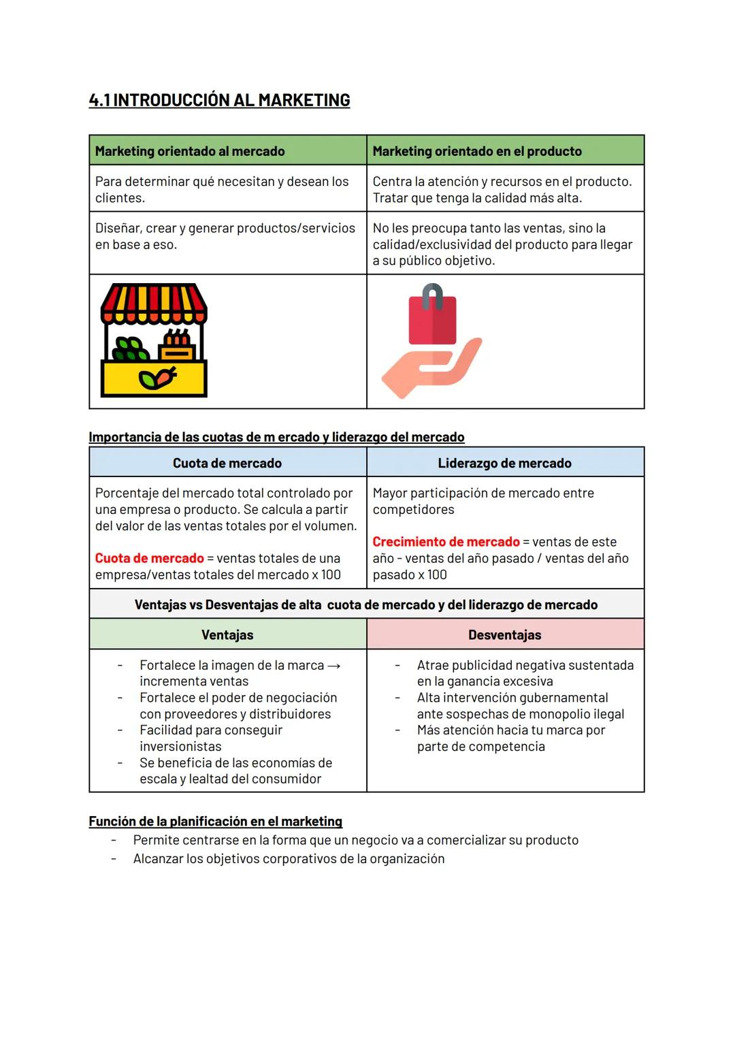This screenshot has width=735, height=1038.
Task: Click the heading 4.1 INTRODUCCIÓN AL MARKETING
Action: tap(219, 100)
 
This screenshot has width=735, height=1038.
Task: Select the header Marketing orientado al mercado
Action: tap(190, 151)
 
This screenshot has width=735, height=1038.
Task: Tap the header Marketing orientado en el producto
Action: tap(477, 151)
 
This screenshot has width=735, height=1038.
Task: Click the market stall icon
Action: tap(154, 341)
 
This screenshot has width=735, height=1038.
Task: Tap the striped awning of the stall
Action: tap(154, 302)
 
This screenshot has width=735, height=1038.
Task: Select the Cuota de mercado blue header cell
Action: tap(227, 463)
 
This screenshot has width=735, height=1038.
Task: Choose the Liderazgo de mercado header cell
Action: tap(504, 463)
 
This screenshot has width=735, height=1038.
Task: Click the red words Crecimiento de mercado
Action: tap(446, 542)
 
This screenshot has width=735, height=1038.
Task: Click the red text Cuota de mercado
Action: tap(149, 558)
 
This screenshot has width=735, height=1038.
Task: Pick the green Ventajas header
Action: tap(227, 634)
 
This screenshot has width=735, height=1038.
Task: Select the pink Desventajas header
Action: tap(504, 634)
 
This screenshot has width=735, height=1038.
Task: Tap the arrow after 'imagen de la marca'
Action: tap(334, 666)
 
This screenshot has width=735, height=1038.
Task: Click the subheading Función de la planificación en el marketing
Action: tap(215, 821)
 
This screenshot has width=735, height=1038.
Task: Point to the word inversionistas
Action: tap(180, 747)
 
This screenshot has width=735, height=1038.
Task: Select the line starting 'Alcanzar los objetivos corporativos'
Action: tap(289, 859)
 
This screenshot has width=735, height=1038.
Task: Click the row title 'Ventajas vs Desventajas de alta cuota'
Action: tap(366, 604)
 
